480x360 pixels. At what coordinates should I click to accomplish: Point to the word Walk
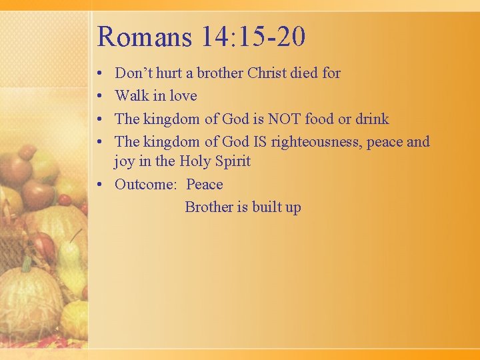pos(131,95)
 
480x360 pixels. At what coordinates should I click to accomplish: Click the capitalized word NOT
pos(284,119)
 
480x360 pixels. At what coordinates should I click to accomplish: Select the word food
pos(321,119)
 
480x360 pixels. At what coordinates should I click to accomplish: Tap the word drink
pos(372,119)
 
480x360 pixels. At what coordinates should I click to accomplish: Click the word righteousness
pos(329,141)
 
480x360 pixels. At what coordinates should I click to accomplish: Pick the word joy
pos(124,162)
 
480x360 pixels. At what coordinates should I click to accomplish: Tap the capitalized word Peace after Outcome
pos(205,184)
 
